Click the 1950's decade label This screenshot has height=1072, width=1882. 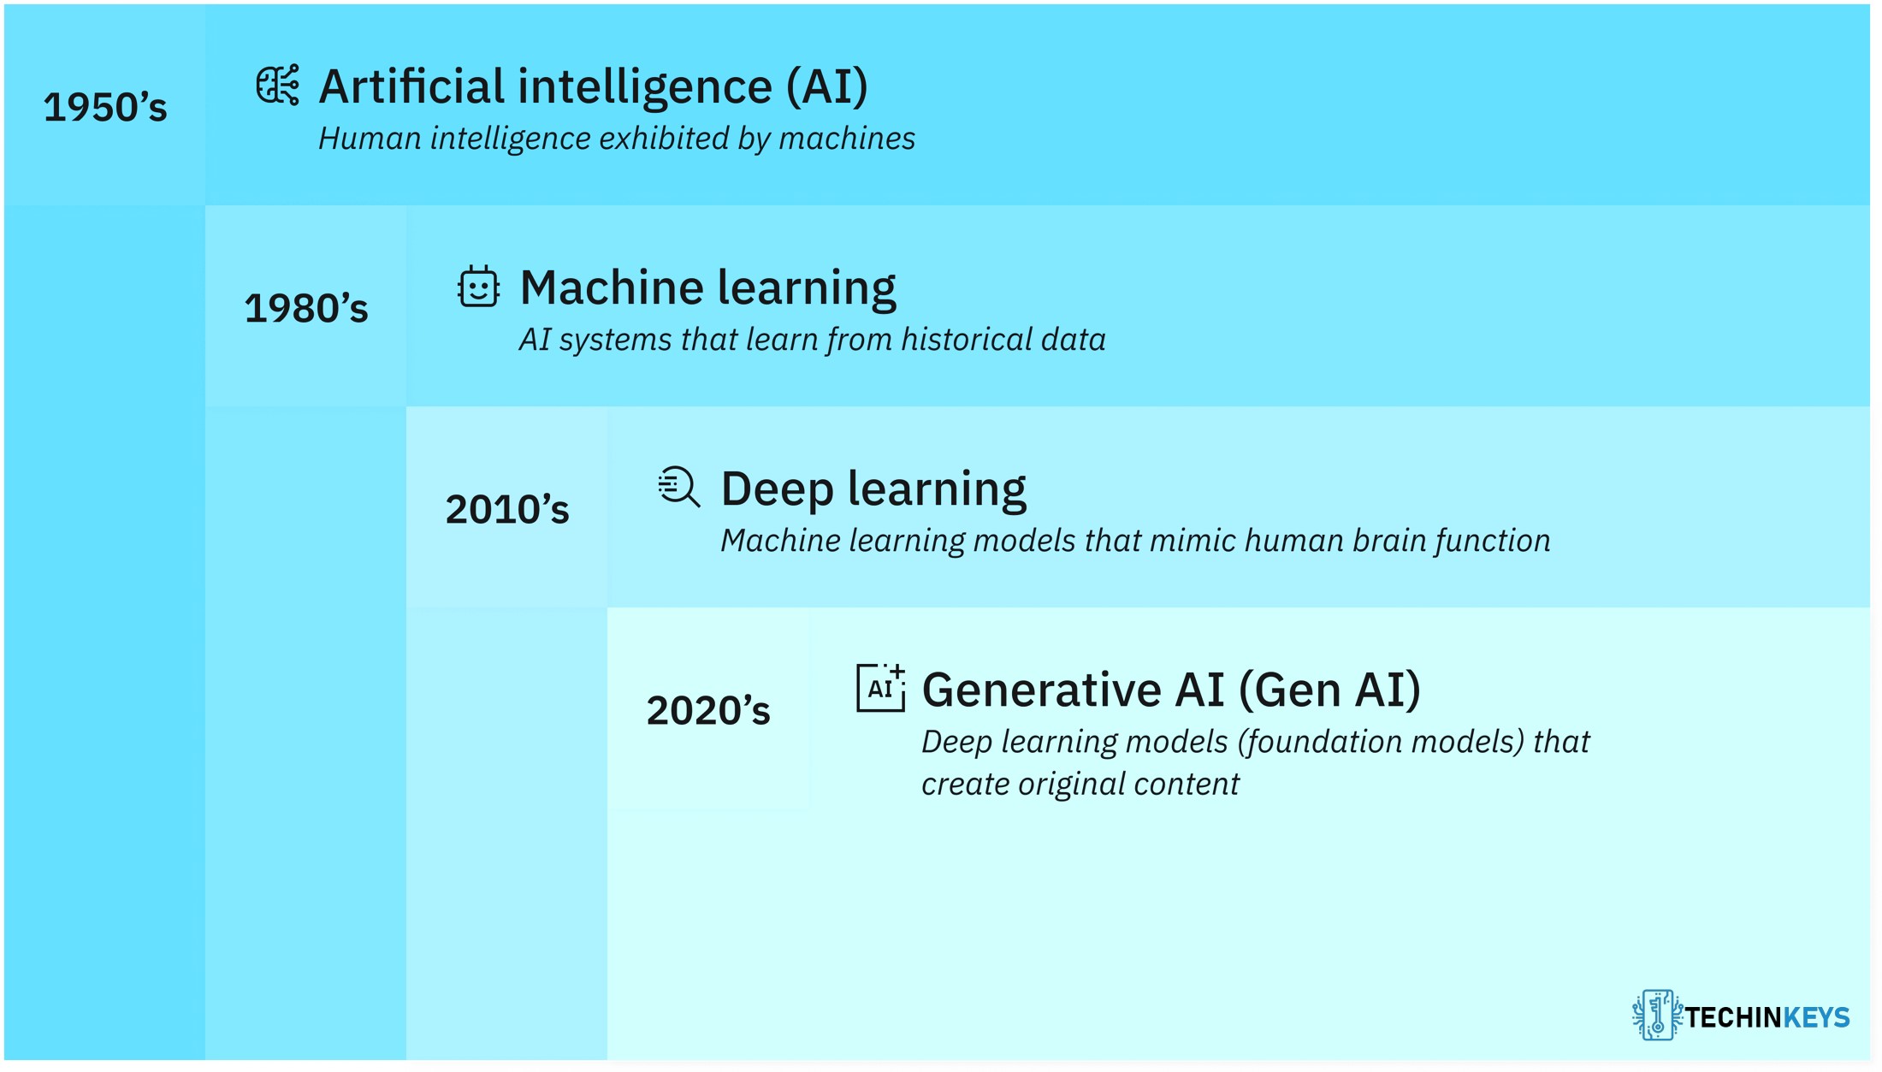tap(105, 107)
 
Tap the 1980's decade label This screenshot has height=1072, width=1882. tap(306, 308)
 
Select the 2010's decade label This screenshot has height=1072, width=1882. tap(507, 509)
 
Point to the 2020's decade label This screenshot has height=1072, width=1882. tap(708, 710)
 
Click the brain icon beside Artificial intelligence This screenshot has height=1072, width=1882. tap(278, 85)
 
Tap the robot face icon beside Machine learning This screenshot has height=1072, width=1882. tap(478, 286)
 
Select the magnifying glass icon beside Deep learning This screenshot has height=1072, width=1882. tap(679, 487)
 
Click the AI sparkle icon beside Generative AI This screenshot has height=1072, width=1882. tap(881, 688)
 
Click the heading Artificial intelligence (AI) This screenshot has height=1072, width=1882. tap(594, 87)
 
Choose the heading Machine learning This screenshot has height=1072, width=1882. tap(708, 288)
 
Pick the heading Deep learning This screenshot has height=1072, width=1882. tap(873, 489)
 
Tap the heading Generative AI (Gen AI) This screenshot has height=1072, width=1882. tap(1172, 690)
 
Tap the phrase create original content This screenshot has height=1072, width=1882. tap(1080, 785)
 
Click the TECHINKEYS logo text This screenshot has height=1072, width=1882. tap(1767, 1017)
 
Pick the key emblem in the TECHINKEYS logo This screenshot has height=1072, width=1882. tap(1657, 1016)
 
